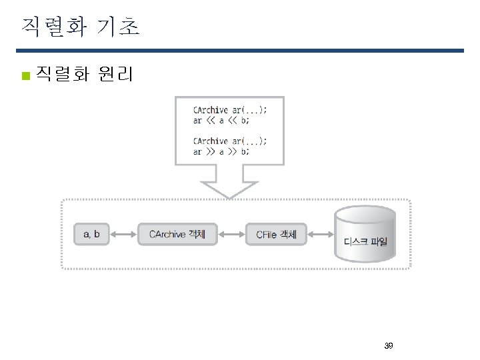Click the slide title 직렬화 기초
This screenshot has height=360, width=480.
point(80,26)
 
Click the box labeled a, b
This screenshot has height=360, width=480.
point(91,234)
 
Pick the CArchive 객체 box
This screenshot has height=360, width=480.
point(177,234)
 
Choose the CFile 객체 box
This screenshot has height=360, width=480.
point(276,235)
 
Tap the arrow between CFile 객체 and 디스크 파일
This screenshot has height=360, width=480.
point(320,234)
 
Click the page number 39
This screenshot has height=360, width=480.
point(389,346)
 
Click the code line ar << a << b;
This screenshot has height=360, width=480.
point(221,121)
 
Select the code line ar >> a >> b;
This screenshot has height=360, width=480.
point(221,151)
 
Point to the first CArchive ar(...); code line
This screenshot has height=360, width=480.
point(229,110)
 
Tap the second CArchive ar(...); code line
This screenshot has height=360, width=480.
point(229,141)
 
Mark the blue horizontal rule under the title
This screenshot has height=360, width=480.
point(240,51)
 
